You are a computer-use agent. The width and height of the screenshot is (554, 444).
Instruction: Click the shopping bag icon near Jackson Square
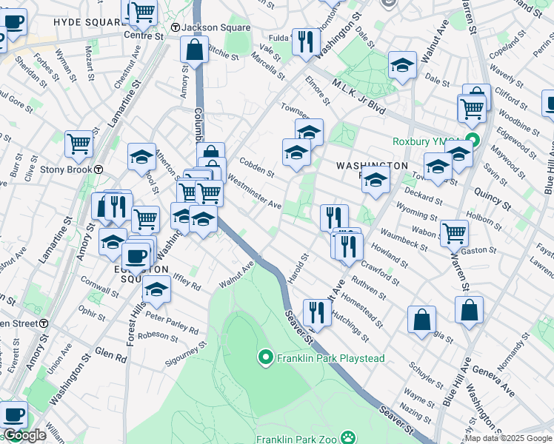point(194,51)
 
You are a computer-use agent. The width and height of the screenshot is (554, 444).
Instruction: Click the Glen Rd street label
point(112,356)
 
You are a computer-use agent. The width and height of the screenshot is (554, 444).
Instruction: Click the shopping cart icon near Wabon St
point(454,232)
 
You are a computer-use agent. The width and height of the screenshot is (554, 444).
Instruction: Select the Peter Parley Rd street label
point(171,323)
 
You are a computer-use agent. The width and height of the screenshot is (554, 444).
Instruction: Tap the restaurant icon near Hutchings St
point(317,312)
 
